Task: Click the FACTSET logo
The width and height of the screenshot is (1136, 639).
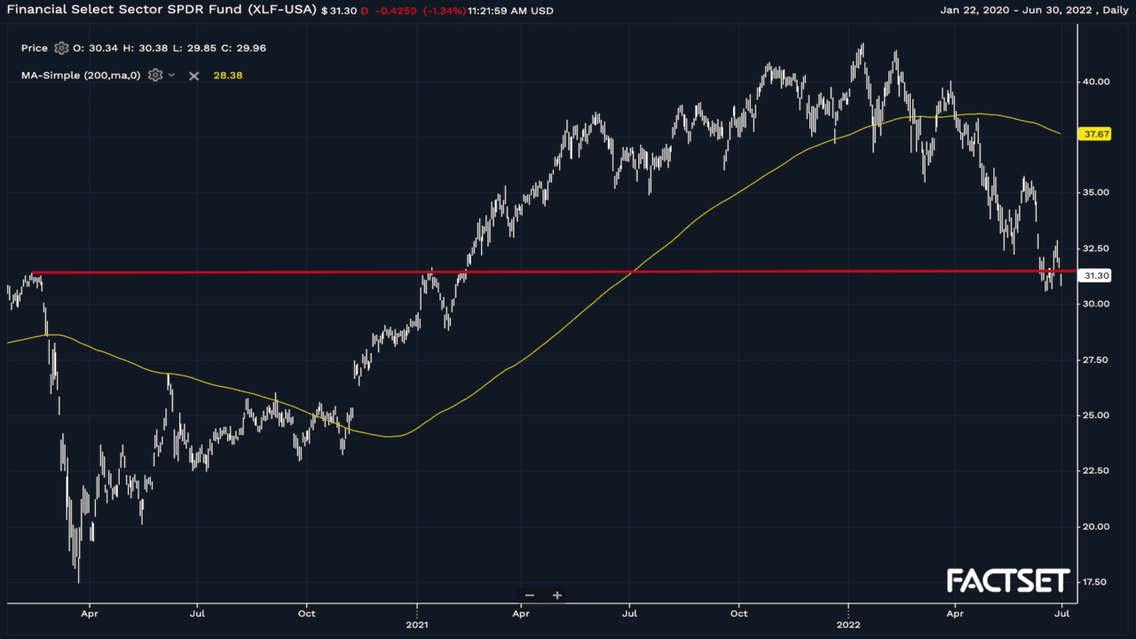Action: [x=1007, y=581]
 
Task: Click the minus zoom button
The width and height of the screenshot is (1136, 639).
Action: [x=530, y=596]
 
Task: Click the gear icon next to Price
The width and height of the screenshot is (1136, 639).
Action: [x=61, y=48]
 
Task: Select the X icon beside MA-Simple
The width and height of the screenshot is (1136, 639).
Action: [x=194, y=75]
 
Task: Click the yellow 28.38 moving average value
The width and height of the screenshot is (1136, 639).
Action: [x=228, y=75]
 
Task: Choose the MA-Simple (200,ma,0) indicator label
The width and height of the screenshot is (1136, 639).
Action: [x=81, y=75]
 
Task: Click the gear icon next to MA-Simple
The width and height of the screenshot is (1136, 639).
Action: [x=155, y=75]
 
